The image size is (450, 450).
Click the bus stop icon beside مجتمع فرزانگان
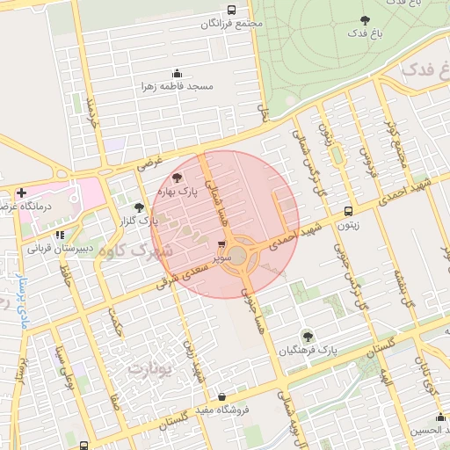[219, 11]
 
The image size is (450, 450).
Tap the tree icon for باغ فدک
[365, 19]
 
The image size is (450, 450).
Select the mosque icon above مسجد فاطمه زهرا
[177, 73]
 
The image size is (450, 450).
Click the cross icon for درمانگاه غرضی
[21, 192]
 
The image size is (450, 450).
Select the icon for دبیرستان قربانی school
[59, 236]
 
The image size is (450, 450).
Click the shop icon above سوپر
[221, 246]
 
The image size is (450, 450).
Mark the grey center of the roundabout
[238, 255]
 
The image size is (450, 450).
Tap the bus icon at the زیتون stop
[349, 211]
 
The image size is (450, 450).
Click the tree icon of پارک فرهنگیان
[307, 336]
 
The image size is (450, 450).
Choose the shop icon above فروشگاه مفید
[221, 396]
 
